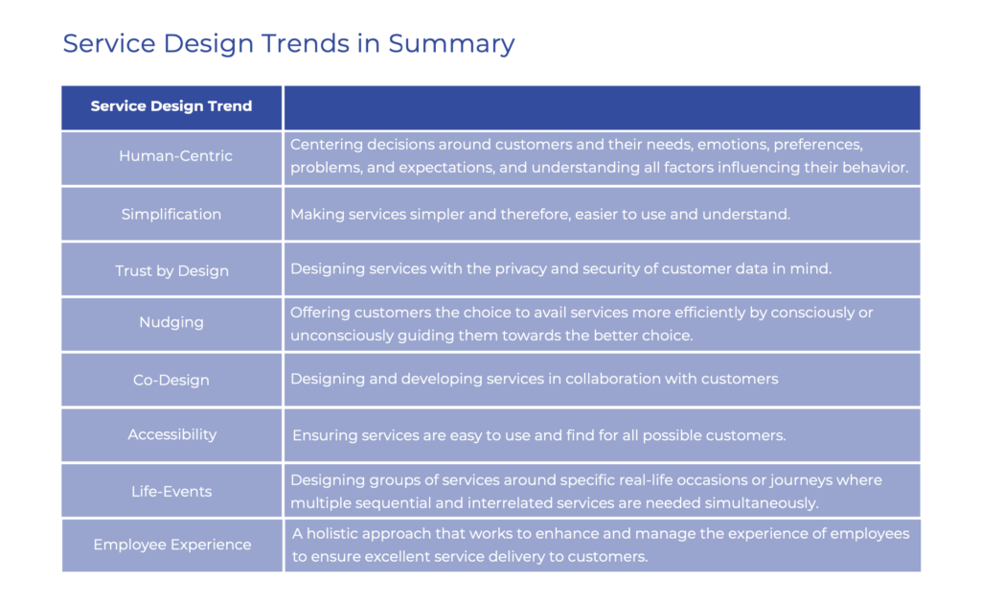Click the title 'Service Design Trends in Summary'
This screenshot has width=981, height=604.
[x=288, y=44]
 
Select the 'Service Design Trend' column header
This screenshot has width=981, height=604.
[x=171, y=106]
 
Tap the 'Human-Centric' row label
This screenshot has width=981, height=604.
[x=175, y=156]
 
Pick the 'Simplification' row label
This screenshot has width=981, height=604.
[x=171, y=214]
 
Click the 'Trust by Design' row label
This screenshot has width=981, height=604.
[x=171, y=270]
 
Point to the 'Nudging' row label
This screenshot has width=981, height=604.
[x=171, y=322]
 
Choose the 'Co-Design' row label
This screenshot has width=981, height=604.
[x=171, y=380]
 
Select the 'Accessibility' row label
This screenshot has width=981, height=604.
[x=172, y=434]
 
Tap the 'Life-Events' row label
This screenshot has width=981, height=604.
[x=171, y=491]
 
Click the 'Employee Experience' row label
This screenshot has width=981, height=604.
[x=172, y=545]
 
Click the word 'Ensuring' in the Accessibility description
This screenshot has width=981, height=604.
[x=323, y=435]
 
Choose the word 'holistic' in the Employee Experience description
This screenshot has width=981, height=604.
[x=336, y=533]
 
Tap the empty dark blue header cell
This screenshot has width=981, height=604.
[x=602, y=107]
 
